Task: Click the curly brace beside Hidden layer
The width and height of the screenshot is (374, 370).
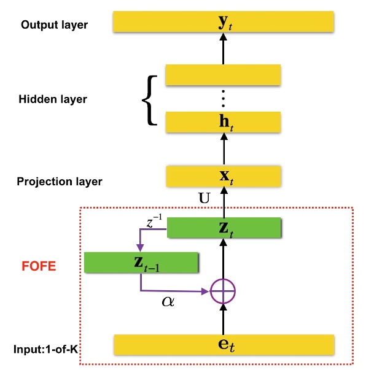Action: (149, 99)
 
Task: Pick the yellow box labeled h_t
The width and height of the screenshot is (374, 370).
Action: (224, 121)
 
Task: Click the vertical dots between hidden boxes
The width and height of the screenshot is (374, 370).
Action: (224, 98)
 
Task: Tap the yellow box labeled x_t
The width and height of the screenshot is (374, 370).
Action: (224, 177)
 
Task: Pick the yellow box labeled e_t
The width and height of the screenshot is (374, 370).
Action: (224, 345)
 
